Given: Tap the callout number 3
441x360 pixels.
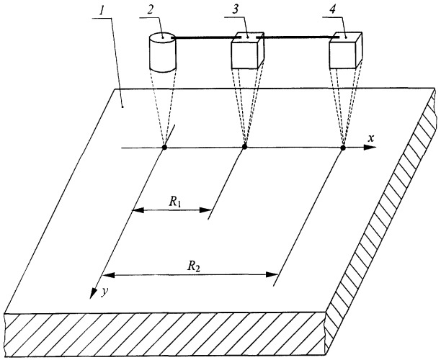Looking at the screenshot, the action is click(x=235, y=9).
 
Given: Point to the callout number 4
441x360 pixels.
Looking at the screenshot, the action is click(x=333, y=9).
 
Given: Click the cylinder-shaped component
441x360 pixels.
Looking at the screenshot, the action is click(x=162, y=53).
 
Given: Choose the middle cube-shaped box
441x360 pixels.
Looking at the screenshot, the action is click(x=247, y=50).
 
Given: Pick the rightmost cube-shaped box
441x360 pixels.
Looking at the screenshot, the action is click(x=346, y=50).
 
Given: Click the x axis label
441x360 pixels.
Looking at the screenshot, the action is click(x=371, y=138).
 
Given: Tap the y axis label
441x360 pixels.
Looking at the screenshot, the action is click(x=104, y=292).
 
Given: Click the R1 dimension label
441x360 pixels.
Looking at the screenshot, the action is click(x=174, y=202).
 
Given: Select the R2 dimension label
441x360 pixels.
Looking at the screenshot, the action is click(x=194, y=266).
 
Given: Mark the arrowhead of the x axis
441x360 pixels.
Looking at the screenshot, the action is click(x=370, y=148).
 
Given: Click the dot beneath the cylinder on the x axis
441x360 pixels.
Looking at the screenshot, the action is click(x=164, y=148).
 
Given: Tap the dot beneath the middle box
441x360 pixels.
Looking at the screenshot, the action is click(x=245, y=147).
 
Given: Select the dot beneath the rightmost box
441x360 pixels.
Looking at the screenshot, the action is click(x=343, y=148).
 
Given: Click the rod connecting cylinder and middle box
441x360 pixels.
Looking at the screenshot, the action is click(x=206, y=37).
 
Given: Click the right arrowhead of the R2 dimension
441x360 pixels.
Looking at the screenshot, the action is click(x=272, y=274).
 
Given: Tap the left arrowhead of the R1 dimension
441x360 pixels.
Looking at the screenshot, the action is click(x=138, y=210).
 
